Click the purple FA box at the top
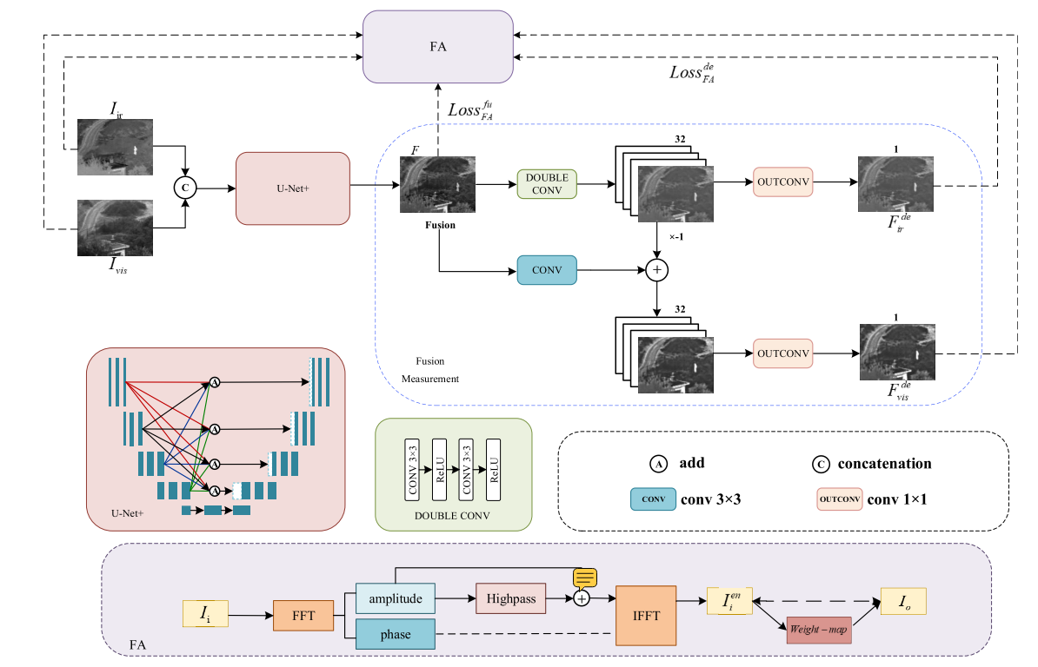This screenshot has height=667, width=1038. click(438, 47)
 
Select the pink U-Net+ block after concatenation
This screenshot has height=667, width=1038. click(292, 188)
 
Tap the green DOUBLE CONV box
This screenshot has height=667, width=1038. click(547, 184)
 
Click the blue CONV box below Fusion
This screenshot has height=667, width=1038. click(547, 270)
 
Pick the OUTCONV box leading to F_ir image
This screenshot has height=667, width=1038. click(782, 182)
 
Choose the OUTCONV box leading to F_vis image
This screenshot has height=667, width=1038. click(782, 353)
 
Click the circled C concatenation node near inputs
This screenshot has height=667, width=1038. click(184, 187)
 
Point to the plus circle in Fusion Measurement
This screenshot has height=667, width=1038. click(657, 271)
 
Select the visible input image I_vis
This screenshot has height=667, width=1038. click(115, 228)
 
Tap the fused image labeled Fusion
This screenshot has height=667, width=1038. click(437, 184)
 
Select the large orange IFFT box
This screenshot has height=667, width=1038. click(645, 615)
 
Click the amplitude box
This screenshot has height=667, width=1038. click(395, 598)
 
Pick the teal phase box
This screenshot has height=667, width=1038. click(395, 634)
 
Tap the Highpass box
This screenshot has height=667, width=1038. click(510, 598)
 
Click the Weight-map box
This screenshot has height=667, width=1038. click(817, 629)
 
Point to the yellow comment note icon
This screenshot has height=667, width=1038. click(584, 578)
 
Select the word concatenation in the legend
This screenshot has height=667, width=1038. click(884, 464)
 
